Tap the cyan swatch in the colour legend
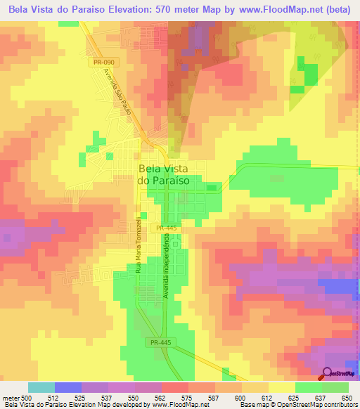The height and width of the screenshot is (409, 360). tap(41, 387)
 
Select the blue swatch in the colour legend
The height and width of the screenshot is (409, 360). tap(68, 387)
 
